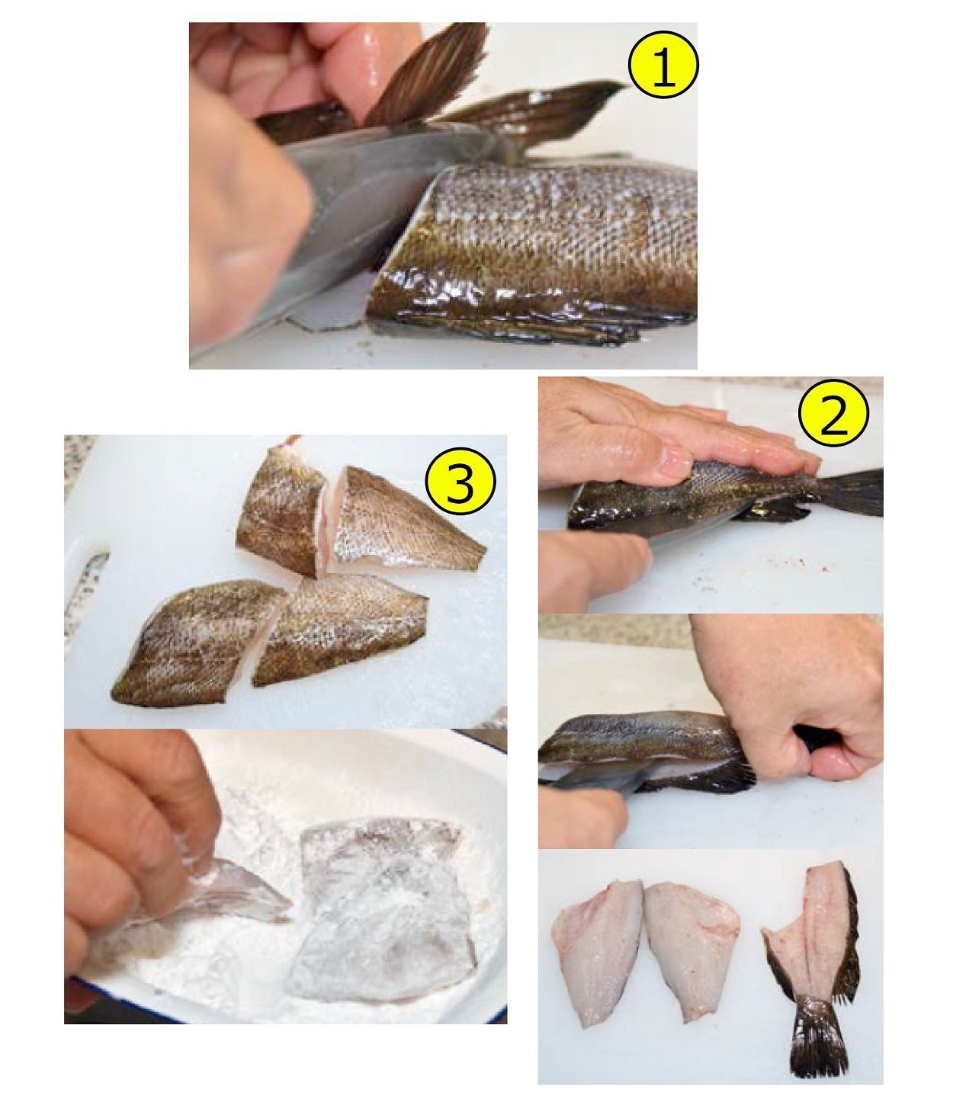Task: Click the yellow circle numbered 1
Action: pos(663,64)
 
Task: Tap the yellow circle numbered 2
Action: pos(833,412)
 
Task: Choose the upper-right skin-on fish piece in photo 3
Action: pos(403,520)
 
